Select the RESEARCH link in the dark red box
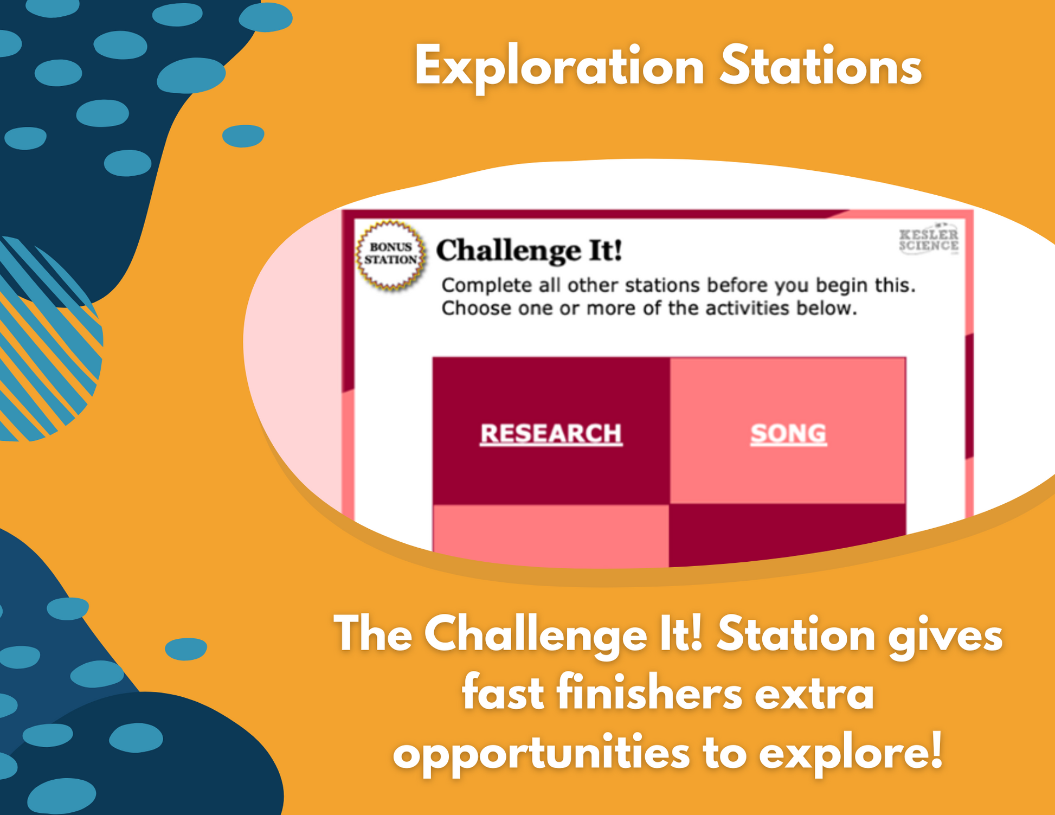551,434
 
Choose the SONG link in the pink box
788,434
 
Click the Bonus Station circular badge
391,254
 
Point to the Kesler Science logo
929,239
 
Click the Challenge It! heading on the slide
529,251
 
